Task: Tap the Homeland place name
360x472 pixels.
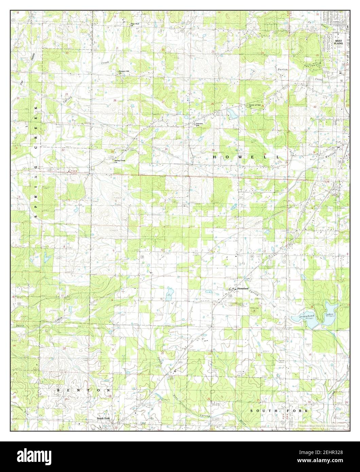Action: click(x=243, y=289)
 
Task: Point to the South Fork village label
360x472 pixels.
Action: click(x=103, y=418)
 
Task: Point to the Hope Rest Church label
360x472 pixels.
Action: click(x=135, y=24)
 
